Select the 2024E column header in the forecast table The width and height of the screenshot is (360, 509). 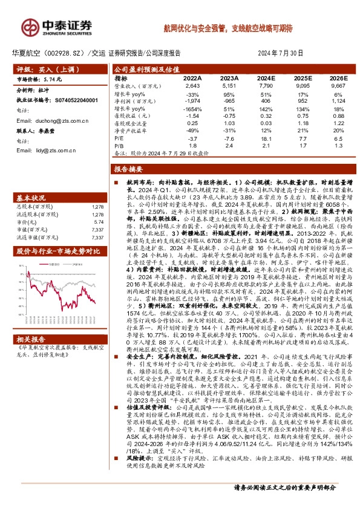[x=266, y=79]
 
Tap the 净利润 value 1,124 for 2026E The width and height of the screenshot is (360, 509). [x=338, y=101]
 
